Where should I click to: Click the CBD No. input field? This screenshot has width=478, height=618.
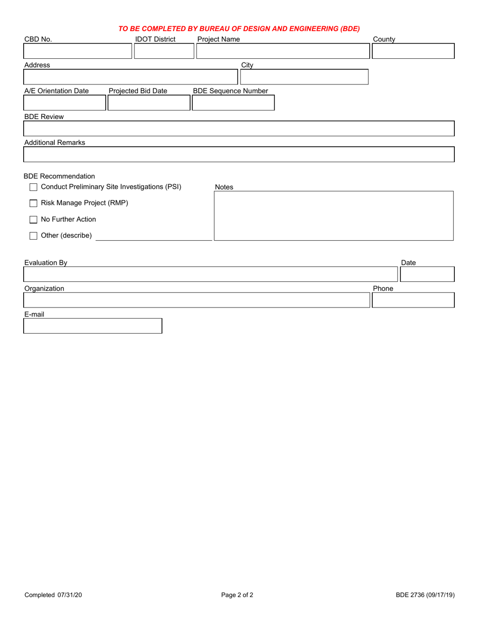click(x=78, y=51)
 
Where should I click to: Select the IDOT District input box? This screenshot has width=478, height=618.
click(x=164, y=51)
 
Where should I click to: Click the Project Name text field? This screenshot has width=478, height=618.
click(x=283, y=51)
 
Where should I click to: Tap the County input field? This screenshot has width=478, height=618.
click(x=413, y=51)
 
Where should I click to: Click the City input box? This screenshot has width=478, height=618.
click(x=304, y=77)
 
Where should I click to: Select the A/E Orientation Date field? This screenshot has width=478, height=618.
click(x=65, y=103)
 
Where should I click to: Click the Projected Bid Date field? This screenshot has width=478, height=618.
click(x=149, y=103)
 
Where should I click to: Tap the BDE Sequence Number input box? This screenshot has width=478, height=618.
click(x=233, y=103)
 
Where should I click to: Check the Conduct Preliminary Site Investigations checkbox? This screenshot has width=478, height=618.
click(x=34, y=187)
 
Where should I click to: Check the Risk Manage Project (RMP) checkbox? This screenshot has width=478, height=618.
click(x=34, y=203)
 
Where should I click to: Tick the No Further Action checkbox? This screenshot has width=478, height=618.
click(x=34, y=220)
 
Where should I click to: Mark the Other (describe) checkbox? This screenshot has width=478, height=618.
click(x=34, y=236)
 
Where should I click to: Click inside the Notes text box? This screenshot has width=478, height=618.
click(x=334, y=216)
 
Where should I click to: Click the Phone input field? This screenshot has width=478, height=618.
click(x=413, y=300)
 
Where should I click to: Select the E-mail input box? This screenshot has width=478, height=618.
click(x=93, y=326)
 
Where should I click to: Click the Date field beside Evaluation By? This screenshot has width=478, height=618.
click(x=427, y=274)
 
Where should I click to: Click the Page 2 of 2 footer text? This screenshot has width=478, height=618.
click(x=237, y=595)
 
